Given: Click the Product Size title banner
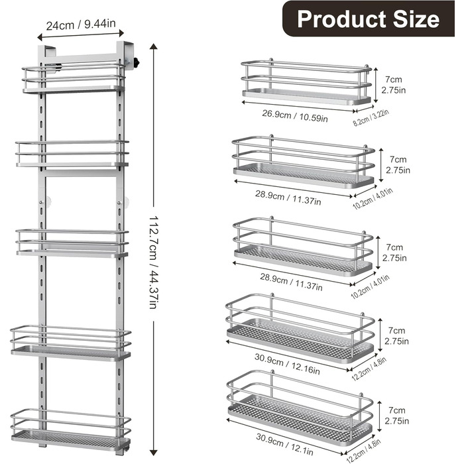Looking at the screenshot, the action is point(368,19).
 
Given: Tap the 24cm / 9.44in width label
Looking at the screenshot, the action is point(81,25).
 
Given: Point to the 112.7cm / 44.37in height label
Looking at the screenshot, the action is point(153,262).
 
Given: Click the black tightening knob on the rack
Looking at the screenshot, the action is point(136,63).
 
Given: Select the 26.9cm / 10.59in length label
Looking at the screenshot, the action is point(295,116).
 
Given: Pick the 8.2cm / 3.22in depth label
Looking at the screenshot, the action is point(371,117).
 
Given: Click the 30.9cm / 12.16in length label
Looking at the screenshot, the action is point(287,364).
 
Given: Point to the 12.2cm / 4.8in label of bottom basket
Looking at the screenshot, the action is point(364,450).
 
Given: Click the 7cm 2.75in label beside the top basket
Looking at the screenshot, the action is point(393,85).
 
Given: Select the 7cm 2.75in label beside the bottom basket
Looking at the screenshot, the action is point(397,416).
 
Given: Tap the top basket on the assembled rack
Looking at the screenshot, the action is point(74,78).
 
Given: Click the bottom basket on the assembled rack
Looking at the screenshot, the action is point(71,430).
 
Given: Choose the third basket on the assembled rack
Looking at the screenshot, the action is point(72,243).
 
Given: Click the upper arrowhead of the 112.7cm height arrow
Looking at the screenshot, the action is point(153,46).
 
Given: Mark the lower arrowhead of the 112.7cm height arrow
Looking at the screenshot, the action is point(153,453).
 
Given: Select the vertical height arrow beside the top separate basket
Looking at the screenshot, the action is point(376,85).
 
